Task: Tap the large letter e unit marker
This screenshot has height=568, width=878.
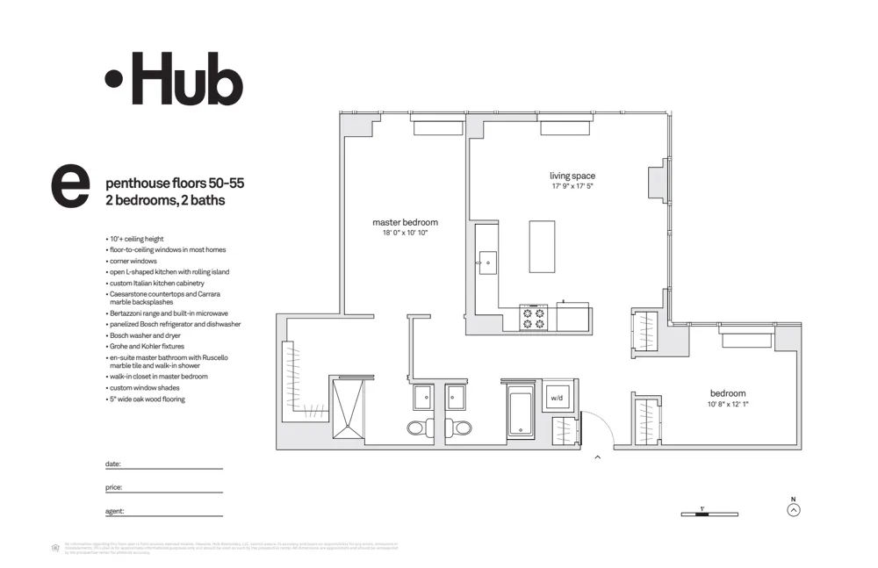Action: (71, 186)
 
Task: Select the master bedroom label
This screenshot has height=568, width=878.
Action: (405, 222)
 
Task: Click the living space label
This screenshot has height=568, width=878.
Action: (572, 176)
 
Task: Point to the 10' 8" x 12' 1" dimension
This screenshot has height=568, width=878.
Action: (728, 405)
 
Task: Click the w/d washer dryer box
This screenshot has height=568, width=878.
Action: (557, 398)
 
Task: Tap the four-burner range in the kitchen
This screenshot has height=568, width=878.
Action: (533, 317)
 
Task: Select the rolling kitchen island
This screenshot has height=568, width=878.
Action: (543, 247)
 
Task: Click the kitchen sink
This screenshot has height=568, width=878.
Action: (486, 262)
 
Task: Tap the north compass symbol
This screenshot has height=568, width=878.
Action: (794, 509)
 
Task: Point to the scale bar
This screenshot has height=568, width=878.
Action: (709, 514)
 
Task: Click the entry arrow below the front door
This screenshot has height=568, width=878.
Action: (598, 457)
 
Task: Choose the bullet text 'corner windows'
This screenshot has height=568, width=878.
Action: (133, 262)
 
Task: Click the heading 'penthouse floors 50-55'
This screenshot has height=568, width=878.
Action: (175, 184)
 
